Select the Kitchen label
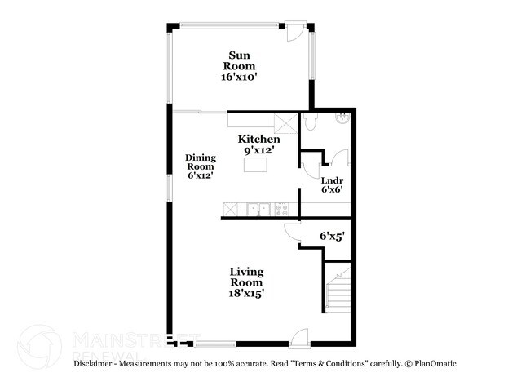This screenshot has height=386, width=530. [x=254, y=140]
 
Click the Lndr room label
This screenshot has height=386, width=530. [x=331, y=180]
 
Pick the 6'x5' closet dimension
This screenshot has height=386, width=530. [x=331, y=236]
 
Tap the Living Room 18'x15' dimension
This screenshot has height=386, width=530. [x=245, y=291]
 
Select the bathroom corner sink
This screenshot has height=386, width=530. [x=342, y=120]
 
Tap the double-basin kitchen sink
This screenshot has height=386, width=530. [x=260, y=210]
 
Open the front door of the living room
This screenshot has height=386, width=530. [x=299, y=336]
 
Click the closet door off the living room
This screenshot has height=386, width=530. [x=292, y=233]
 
